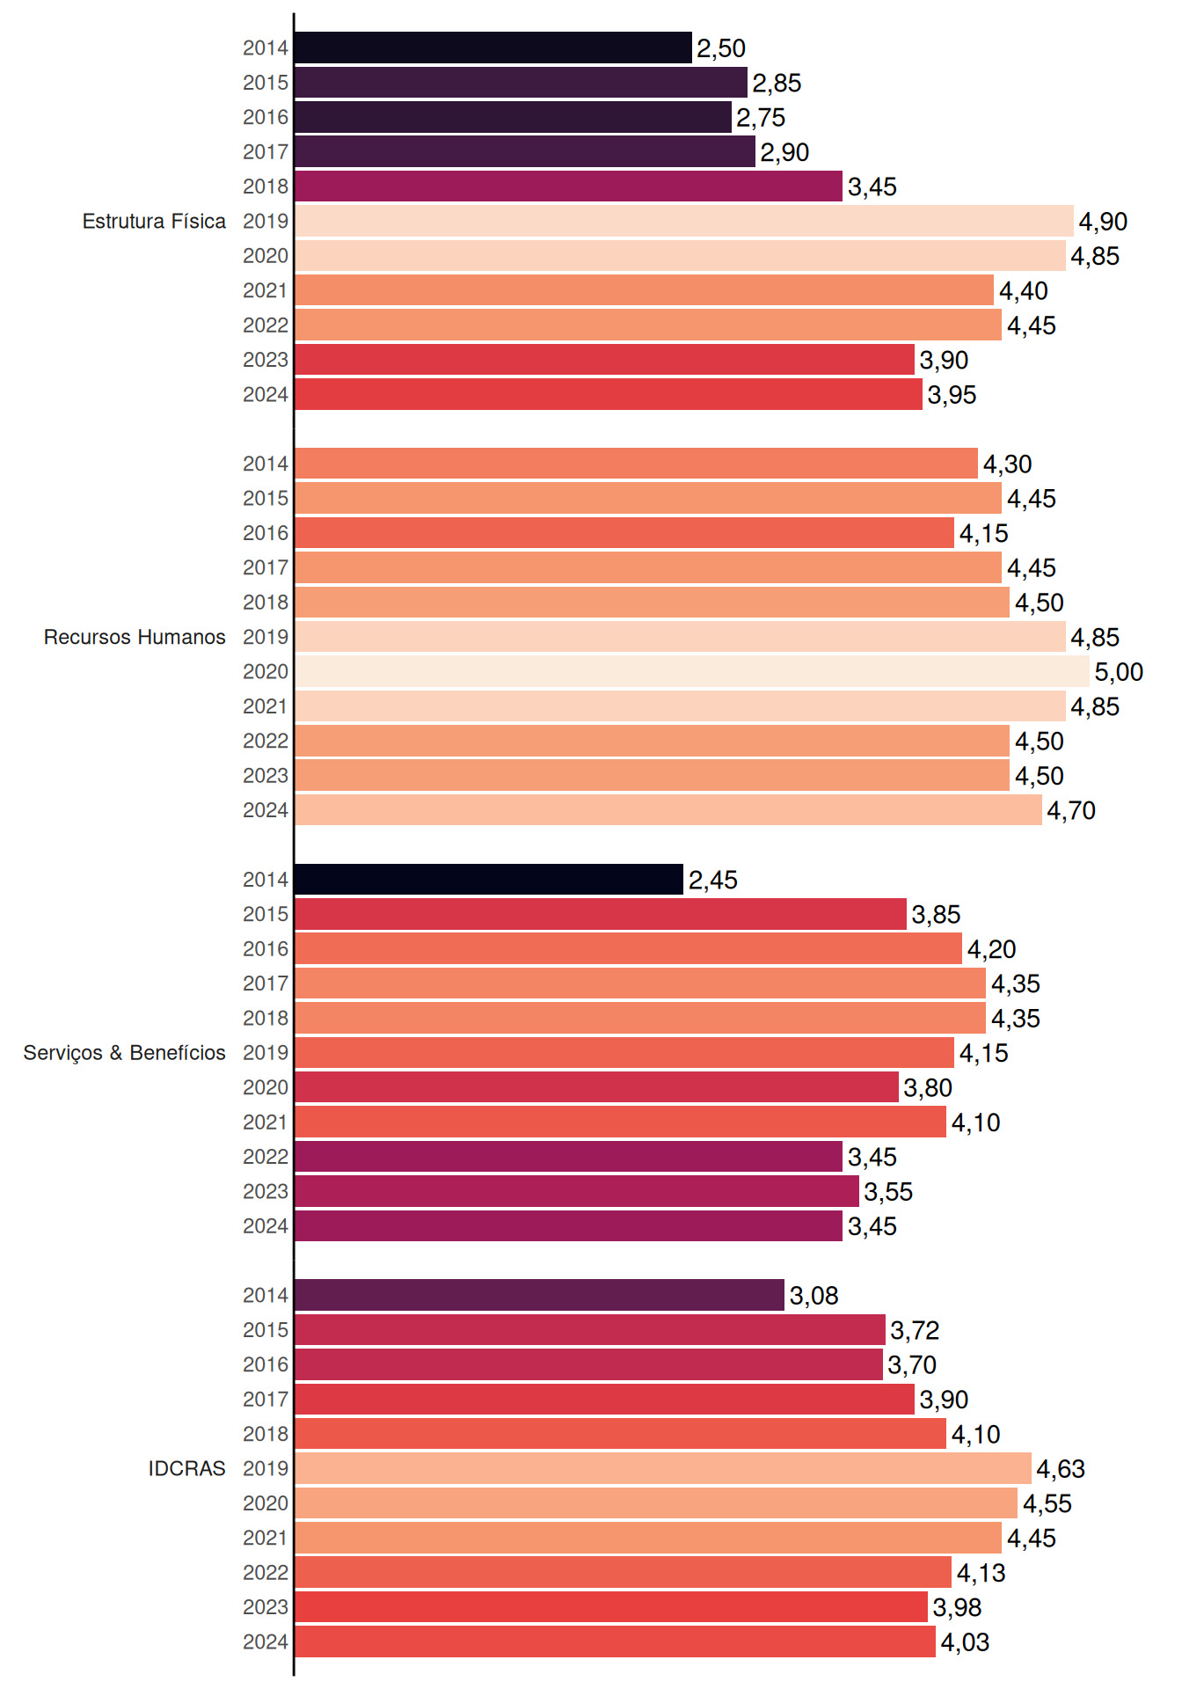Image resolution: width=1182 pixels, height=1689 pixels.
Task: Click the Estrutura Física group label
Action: tap(154, 221)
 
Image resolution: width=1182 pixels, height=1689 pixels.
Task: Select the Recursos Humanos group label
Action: tap(135, 637)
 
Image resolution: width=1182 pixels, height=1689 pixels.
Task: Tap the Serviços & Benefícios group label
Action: tap(124, 1053)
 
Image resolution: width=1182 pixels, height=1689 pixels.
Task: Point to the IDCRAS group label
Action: tap(186, 1468)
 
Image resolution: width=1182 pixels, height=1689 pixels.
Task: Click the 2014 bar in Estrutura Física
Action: tap(493, 48)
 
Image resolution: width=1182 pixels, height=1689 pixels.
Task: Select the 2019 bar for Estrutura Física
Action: tap(684, 221)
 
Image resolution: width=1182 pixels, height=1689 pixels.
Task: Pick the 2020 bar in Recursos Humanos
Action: tap(692, 671)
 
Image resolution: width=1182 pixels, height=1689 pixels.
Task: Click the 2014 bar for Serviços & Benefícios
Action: tap(489, 879)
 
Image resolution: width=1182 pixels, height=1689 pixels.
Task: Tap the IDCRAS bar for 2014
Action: tap(540, 1295)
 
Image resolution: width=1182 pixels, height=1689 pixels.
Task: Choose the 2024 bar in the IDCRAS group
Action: tap(616, 1641)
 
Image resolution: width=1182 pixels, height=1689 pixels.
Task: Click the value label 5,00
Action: tap(1119, 672)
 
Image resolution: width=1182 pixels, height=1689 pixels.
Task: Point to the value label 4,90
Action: tap(1103, 222)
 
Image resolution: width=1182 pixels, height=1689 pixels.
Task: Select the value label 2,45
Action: tap(713, 880)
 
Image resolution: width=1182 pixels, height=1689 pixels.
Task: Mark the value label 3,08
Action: tap(814, 1296)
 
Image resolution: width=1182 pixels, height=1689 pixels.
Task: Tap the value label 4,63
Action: tap(1061, 1469)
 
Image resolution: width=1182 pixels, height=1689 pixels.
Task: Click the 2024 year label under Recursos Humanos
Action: tap(266, 810)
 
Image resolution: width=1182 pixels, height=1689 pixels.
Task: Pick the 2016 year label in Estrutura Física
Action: tap(266, 117)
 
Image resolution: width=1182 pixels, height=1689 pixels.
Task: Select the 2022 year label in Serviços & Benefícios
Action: tap(266, 1157)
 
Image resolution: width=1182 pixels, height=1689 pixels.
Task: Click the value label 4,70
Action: tap(1071, 811)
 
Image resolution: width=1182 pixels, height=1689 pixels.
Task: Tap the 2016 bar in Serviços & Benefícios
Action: tap(629, 948)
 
